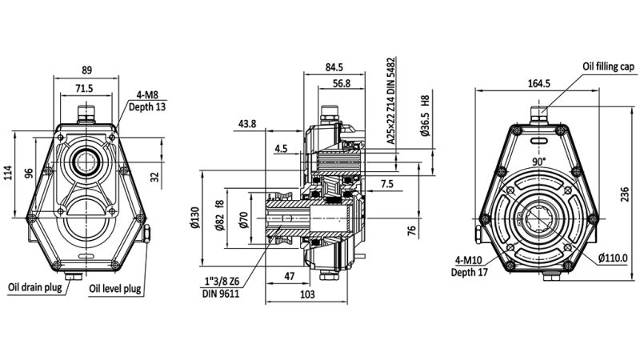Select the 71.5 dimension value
coord(83,88)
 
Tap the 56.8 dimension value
coord(341,83)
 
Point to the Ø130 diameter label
coord(194,220)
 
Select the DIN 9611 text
coord(221,294)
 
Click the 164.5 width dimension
coord(539,83)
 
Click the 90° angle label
coord(541,162)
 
